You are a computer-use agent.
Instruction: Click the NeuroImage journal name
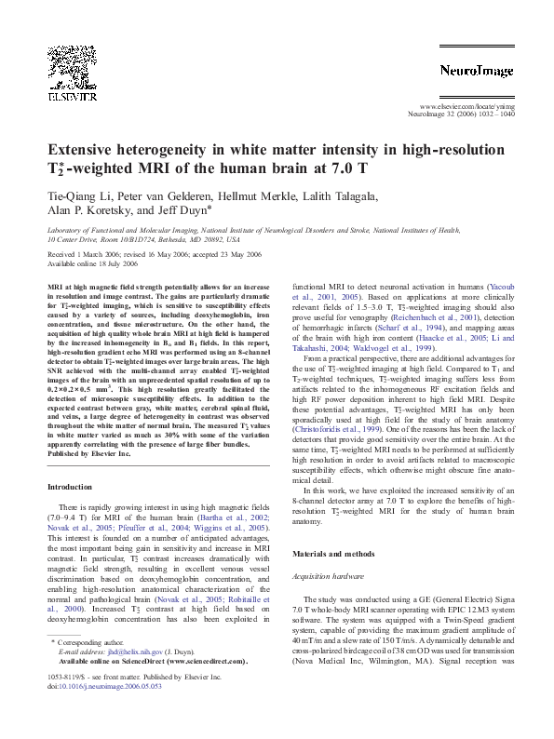click(x=471, y=69)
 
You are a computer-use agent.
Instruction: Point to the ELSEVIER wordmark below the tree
click(x=74, y=94)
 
